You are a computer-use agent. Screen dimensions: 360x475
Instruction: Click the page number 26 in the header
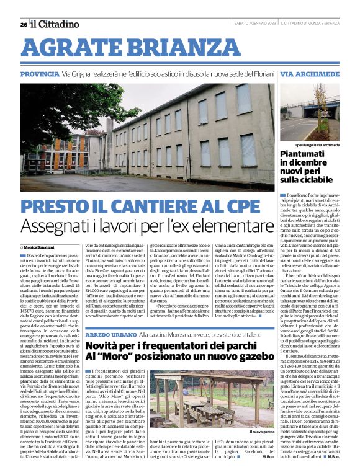click(x=23, y=24)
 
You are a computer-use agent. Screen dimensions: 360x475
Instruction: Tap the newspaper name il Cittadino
click(x=56, y=24)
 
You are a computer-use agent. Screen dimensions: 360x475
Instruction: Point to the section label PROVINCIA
click(x=40, y=74)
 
